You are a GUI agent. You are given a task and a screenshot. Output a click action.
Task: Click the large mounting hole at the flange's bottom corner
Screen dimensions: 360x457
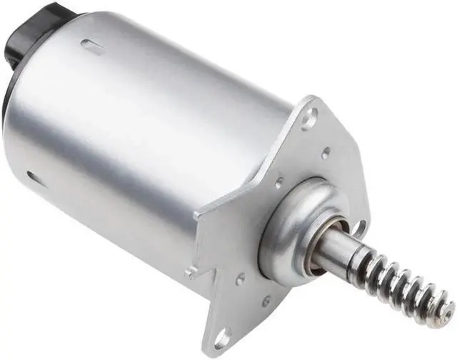(x=222, y=335)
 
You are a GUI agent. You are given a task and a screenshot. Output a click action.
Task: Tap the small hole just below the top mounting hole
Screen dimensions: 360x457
(x=326, y=152)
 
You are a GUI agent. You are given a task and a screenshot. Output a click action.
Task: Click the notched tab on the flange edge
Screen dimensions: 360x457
(x=191, y=271)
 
